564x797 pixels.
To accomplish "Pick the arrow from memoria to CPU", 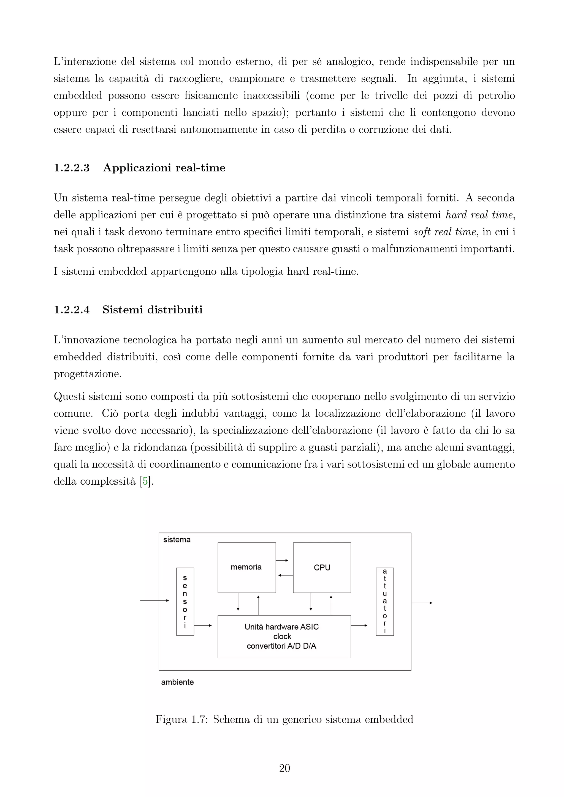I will tap(282, 561).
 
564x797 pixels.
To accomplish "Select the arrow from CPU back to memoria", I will tap(286, 575).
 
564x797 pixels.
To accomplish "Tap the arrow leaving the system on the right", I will tap(422, 603).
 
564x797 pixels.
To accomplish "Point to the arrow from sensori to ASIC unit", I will tap(203, 626).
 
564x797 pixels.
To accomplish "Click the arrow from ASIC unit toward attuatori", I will tap(359, 626).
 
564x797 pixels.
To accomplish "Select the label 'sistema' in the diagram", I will tap(177, 540).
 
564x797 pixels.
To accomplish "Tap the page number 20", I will tap(284, 768).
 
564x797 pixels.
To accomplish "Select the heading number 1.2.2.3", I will tap(72, 168).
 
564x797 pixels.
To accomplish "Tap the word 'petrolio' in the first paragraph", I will tap(496, 96).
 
